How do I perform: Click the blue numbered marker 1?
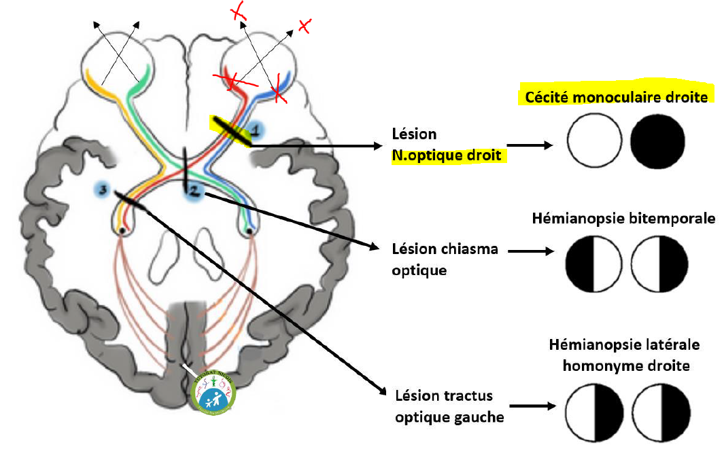256,128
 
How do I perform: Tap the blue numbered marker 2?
194,194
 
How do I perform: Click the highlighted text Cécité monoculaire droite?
616,97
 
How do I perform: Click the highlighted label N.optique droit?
446,155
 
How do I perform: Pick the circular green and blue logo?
213,393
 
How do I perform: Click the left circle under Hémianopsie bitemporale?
594,264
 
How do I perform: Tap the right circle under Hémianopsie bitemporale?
659,264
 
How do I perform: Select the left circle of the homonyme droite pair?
594,412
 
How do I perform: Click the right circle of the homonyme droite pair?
659,412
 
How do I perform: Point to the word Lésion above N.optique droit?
414,134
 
